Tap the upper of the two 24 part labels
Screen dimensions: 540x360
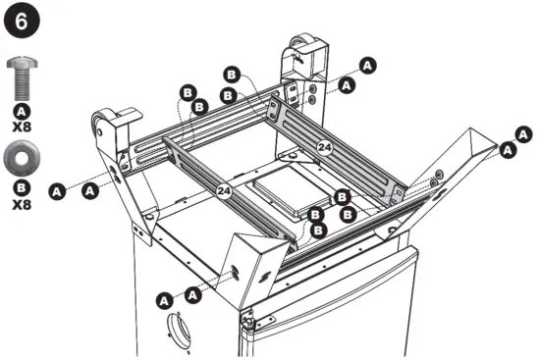pyautogui.click(x=325, y=146)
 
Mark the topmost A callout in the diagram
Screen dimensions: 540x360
pyautogui.click(x=368, y=65)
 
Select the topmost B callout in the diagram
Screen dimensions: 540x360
pyautogui.click(x=232, y=75)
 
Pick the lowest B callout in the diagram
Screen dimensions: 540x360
pyautogui.click(x=317, y=231)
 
